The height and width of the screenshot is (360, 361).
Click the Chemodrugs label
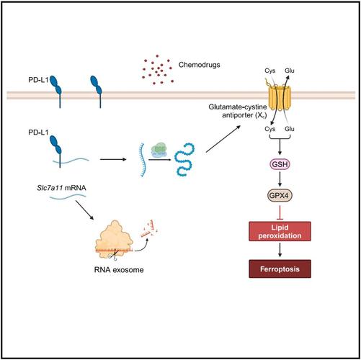coord(199,65)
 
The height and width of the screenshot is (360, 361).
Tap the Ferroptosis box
coord(280,269)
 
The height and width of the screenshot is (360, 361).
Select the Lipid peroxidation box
coord(280,231)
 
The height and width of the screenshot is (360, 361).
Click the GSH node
coord(280,164)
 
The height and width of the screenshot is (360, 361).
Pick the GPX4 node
coord(280,196)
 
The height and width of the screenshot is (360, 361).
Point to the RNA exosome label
coord(119,270)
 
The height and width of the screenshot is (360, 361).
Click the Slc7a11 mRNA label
coord(61,188)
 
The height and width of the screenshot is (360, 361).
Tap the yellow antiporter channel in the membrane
coord(280,97)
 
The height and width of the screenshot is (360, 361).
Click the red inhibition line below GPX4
coord(280,212)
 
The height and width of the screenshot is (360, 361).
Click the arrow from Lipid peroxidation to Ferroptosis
coord(280,250)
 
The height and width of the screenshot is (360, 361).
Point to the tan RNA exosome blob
coord(114,240)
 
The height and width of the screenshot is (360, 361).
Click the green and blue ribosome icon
coord(159,150)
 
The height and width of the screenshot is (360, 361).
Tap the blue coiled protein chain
coord(184,160)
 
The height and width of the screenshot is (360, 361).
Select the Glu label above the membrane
coord(290,71)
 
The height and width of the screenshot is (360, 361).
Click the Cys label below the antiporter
coord(270,129)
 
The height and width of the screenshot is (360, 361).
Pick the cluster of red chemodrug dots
coord(157,70)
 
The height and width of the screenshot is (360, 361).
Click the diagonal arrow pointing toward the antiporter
coord(223,139)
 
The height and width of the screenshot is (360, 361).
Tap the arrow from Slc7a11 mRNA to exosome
coord(85,210)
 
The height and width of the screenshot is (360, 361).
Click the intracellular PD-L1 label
coord(38,132)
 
